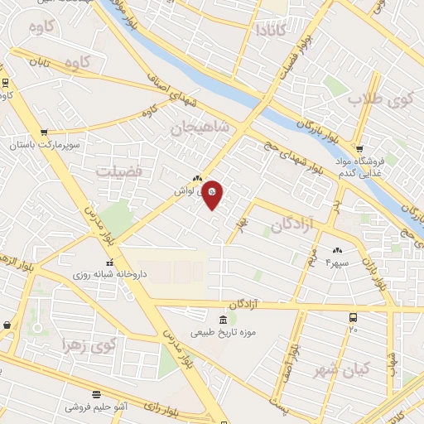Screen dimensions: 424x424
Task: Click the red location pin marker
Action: [213, 194]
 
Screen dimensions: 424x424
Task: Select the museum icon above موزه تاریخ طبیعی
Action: [222, 320]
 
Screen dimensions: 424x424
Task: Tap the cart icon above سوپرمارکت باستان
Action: [43, 132]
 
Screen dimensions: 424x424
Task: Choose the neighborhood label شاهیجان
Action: [198, 128]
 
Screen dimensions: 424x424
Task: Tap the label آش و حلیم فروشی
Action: [98, 406]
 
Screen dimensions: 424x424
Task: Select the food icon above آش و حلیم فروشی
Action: [97, 394]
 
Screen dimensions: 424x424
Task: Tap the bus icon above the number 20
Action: [354, 317]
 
